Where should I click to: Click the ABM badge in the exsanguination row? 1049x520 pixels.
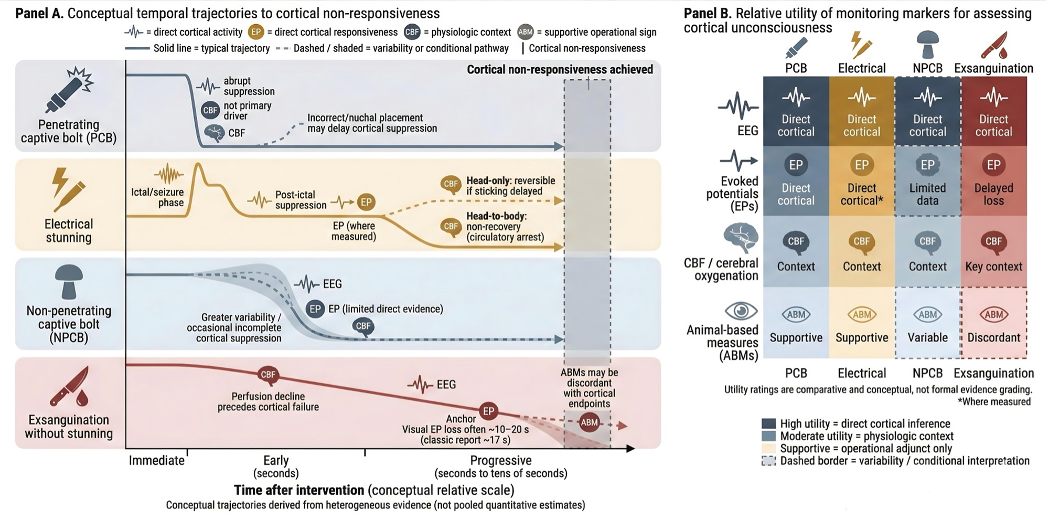pos(589,422)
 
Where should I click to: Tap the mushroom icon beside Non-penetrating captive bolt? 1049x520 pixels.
pos(69,282)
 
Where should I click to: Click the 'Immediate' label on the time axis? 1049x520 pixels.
pos(157,461)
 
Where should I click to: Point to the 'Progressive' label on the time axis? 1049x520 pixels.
pos(501,461)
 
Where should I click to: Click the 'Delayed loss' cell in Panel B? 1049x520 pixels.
pos(994,181)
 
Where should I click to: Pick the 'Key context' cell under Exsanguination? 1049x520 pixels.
pos(994,251)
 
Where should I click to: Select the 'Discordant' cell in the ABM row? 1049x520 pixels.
pos(994,323)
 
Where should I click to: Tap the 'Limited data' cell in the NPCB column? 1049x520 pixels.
pos(928,181)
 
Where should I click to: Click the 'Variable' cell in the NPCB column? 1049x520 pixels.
pos(928,323)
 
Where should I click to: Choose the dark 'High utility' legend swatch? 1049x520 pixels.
pos(768,423)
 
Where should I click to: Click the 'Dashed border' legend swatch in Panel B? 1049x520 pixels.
pos(768,461)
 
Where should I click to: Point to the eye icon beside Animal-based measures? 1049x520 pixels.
pos(741,311)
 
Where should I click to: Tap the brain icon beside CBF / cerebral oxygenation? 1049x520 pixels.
pos(741,238)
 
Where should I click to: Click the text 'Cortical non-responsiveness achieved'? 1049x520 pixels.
pos(560,70)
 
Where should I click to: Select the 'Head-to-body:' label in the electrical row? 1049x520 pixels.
pos(497,216)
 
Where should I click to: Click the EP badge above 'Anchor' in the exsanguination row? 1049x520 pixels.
pos(488,411)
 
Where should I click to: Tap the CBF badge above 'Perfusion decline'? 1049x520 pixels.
pos(268,375)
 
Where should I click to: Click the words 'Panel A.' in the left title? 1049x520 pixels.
pos(39,13)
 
